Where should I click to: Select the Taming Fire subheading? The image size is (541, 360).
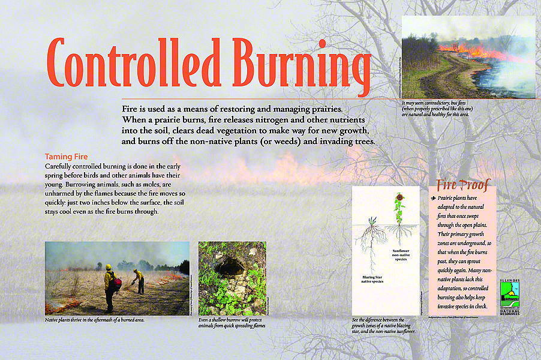click(x=67, y=157)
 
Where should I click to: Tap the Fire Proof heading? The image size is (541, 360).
click(x=463, y=184)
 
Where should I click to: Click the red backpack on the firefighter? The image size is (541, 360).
click(x=116, y=281)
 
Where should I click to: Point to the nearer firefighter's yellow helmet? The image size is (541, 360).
click(x=109, y=267)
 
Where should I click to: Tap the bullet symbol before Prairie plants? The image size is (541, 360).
click(x=433, y=198)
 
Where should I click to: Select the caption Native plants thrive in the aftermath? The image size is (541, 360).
click(x=95, y=320)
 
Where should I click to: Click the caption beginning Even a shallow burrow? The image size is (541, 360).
click(x=232, y=323)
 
